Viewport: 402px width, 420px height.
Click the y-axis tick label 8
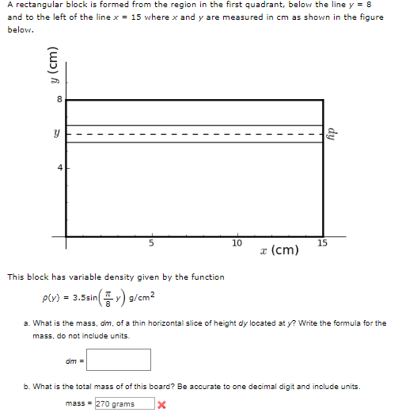point(59,100)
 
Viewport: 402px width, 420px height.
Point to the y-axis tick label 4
point(59,168)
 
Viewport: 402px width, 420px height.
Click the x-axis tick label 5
point(151,242)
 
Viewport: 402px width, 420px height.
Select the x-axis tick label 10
point(237,242)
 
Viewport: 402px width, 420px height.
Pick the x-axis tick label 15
point(322,242)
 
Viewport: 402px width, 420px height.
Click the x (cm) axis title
point(278,250)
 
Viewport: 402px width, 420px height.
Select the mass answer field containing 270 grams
point(124,404)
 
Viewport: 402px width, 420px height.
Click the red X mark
point(161,404)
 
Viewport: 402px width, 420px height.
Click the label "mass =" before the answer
point(79,404)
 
